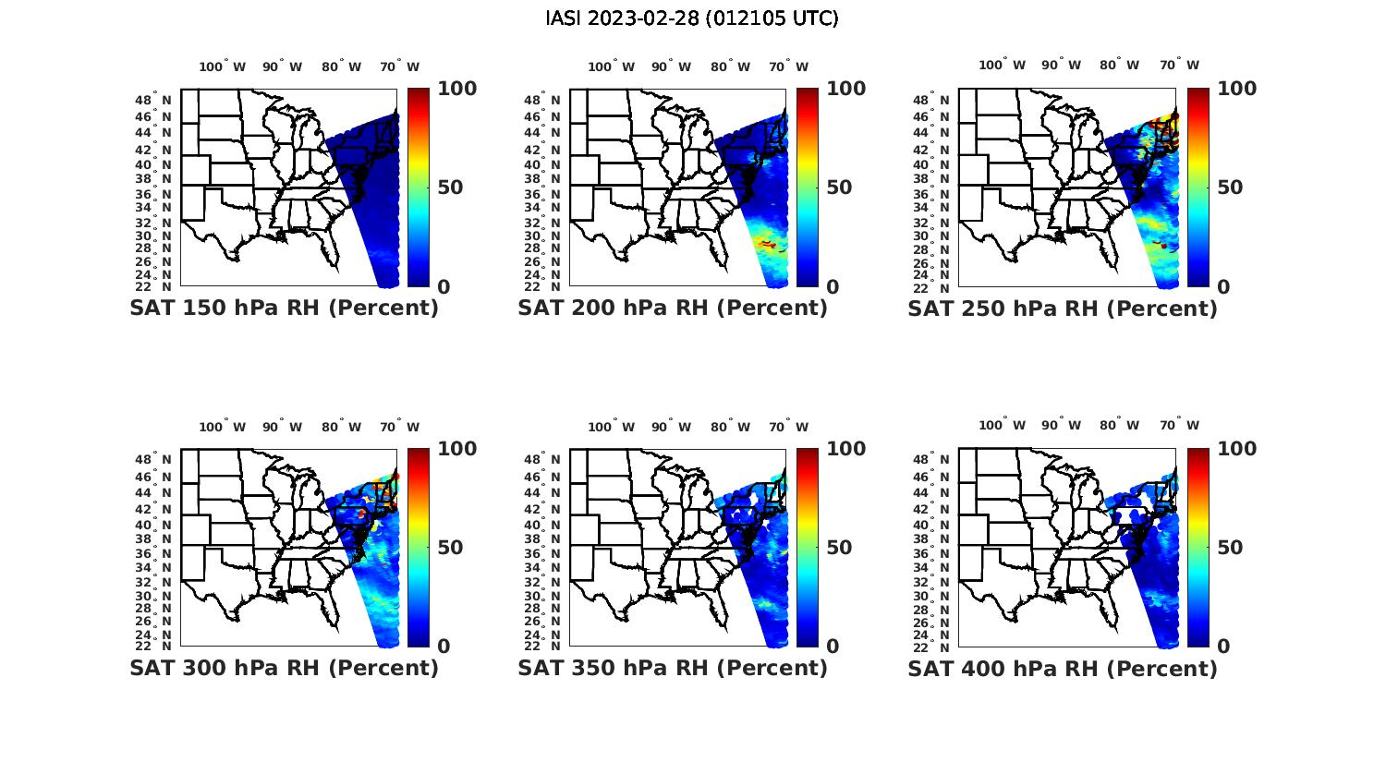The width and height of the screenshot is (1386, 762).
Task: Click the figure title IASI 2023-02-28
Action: point(692,18)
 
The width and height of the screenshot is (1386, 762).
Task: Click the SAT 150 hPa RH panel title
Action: point(284,308)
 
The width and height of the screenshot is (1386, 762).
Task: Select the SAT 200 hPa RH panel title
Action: point(673,308)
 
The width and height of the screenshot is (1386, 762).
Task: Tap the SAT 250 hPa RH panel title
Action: point(1063,308)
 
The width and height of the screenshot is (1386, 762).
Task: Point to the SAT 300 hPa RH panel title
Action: point(284,668)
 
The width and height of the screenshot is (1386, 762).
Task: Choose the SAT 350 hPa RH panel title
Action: point(673,668)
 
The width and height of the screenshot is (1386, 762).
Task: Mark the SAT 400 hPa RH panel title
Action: point(1063,668)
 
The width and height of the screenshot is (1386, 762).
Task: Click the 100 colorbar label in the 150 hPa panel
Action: point(456,89)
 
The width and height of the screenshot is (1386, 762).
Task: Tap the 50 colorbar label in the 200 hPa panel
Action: point(839,187)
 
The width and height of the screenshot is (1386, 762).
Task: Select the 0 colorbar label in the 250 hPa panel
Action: point(1223,287)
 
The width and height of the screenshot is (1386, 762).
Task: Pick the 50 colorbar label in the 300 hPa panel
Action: point(450,548)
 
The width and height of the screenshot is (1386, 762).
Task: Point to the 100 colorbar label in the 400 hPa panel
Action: point(1237,449)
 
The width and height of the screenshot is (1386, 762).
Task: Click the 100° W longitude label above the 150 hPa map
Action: point(223,67)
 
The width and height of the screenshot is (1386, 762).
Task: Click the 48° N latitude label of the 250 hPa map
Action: point(940,100)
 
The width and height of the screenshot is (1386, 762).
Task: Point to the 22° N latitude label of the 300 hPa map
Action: point(161,645)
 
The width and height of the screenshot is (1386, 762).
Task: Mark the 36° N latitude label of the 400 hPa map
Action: point(940,553)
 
